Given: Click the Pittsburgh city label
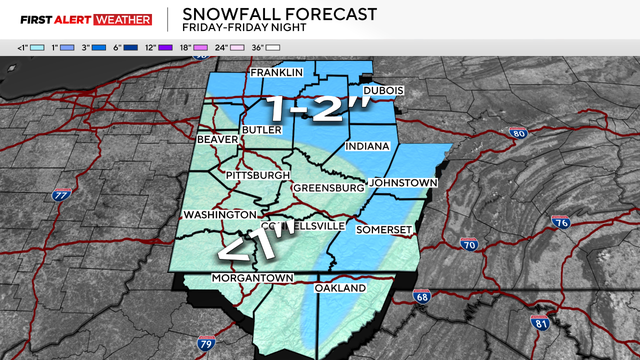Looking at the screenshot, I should [257, 175].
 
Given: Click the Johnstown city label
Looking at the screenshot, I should [403, 183].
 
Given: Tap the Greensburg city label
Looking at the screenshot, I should [328, 188].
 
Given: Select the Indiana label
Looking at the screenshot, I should [366, 147].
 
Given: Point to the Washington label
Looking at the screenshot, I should [219, 215].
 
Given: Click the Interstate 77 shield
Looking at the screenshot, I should [62, 195].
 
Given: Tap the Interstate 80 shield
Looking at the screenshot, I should [517, 133].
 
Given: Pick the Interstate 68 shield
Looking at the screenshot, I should [424, 296].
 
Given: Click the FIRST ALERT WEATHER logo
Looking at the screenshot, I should [77, 19].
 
